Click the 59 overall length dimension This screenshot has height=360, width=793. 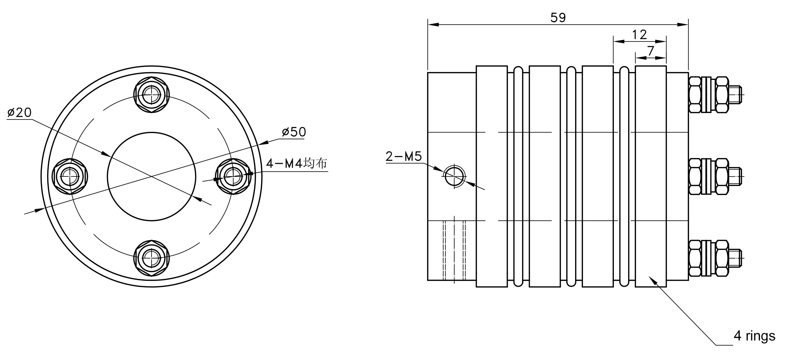click(558, 18)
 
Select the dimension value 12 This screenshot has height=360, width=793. click(639, 35)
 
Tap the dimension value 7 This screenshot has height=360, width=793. click(651, 51)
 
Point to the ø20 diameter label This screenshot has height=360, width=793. click(19, 112)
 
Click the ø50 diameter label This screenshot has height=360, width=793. click(294, 132)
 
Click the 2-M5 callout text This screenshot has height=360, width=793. click(403, 156)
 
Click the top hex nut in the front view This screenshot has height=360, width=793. click(151, 95)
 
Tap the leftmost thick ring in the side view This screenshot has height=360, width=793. click(491, 176)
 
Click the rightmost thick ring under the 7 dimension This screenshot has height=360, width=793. click(650, 176)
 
